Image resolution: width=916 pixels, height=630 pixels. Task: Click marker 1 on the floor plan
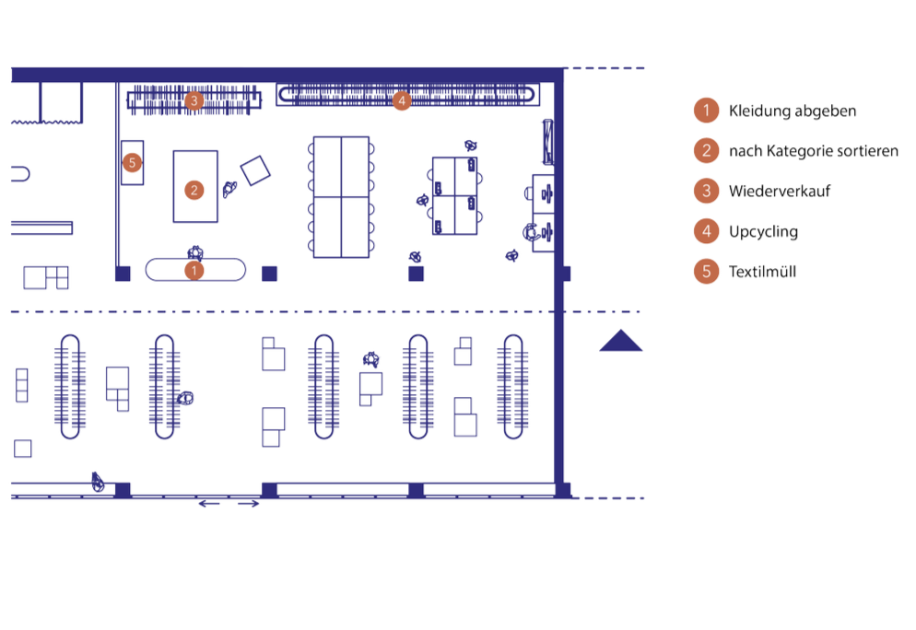coord(194,271)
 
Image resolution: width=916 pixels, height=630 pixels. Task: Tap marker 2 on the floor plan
coord(194,190)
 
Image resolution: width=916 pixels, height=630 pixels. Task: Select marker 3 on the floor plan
coord(194,100)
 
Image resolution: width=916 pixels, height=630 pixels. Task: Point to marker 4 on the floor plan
coord(401,101)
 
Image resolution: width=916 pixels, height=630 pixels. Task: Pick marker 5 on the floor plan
coord(133,163)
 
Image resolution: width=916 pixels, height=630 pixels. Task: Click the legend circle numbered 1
coord(705,111)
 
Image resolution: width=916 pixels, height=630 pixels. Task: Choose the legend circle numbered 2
coord(705,150)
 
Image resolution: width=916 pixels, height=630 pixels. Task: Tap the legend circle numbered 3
coord(705,191)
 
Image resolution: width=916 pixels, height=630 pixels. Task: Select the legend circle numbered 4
coord(705,231)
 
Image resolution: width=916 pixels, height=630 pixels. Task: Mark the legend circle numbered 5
coord(705,272)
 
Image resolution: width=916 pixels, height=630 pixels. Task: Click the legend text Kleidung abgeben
coord(793,111)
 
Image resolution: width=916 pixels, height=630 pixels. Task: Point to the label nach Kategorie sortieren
coord(812,151)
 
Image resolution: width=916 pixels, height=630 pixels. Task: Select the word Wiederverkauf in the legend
coord(780,192)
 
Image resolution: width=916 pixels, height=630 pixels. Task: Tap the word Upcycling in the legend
coord(763,232)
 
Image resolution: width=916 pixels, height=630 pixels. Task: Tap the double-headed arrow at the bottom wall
coord(229,504)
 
